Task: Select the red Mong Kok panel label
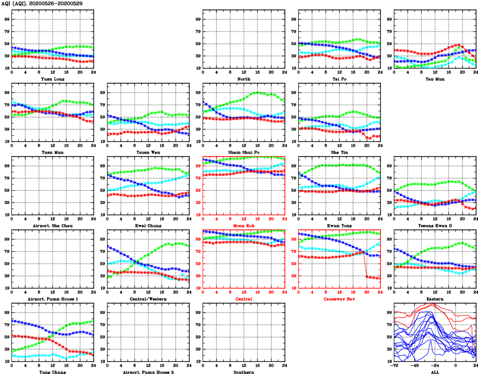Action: tap(243, 226)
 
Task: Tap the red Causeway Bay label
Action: tap(339, 299)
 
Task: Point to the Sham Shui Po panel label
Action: tap(243, 153)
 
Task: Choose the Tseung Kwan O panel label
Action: tap(434, 226)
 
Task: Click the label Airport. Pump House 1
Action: tap(52, 299)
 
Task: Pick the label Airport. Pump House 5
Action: tap(148, 372)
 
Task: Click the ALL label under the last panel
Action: tap(434, 372)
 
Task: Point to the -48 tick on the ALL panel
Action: tap(414, 366)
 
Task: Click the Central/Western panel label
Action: tap(148, 299)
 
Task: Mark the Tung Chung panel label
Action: tap(52, 372)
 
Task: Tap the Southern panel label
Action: tap(243, 372)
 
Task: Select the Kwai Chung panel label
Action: tap(148, 226)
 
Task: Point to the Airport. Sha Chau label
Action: tap(52, 226)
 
